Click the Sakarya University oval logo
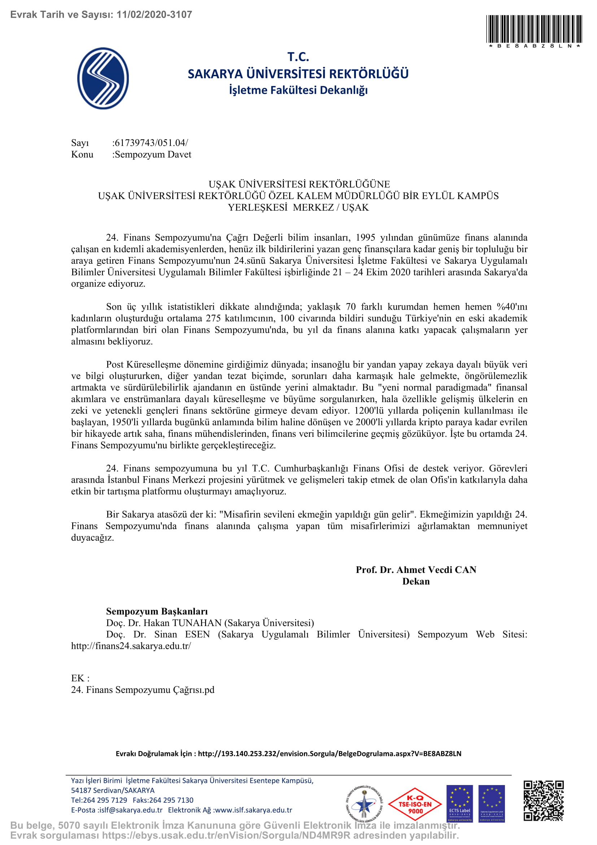click(x=103, y=78)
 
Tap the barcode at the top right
click(x=534, y=29)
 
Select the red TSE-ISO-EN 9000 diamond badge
click(x=415, y=804)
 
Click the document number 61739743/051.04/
click(x=151, y=143)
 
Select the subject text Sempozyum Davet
click(x=153, y=154)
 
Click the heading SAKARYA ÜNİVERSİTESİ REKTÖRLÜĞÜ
click(x=298, y=74)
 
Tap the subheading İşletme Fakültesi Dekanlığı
click(x=298, y=90)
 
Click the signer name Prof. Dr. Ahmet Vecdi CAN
click(x=416, y=570)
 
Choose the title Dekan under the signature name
click(x=416, y=582)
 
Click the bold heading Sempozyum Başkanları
click(x=157, y=611)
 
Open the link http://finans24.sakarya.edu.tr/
click(x=131, y=646)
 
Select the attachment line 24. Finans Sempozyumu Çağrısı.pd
click(x=143, y=690)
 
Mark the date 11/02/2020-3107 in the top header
click(x=154, y=15)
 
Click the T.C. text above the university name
click(x=298, y=57)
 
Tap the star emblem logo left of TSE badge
click(x=364, y=804)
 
